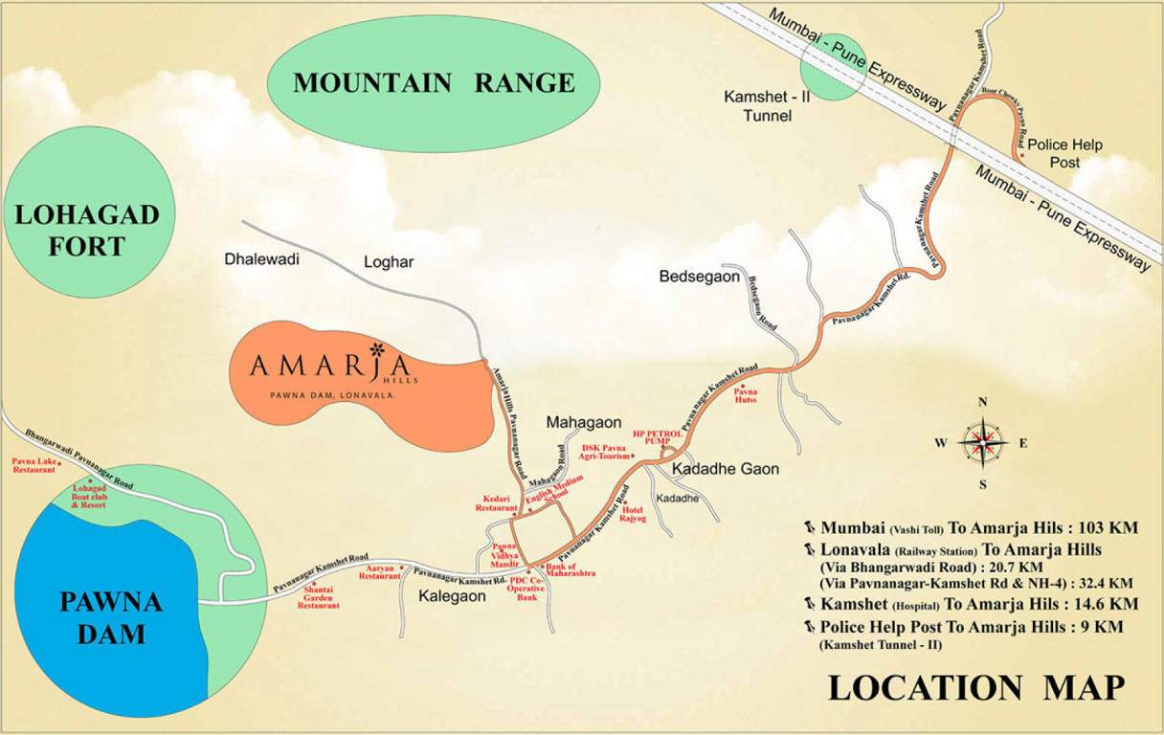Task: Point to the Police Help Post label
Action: [x=1064, y=153]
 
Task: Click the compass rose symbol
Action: [x=982, y=442]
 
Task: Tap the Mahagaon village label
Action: [x=584, y=422]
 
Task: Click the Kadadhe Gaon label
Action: [x=725, y=469]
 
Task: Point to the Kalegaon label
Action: [x=453, y=595]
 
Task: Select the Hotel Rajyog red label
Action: [x=633, y=515]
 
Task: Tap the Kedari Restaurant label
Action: [x=497, y=504]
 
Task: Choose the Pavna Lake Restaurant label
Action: [x=34, y=466]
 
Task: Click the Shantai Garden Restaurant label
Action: [x=318, y=598]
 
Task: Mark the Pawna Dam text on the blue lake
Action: [x=112, y=617]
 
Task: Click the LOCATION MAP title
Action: [x=974, y=687]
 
